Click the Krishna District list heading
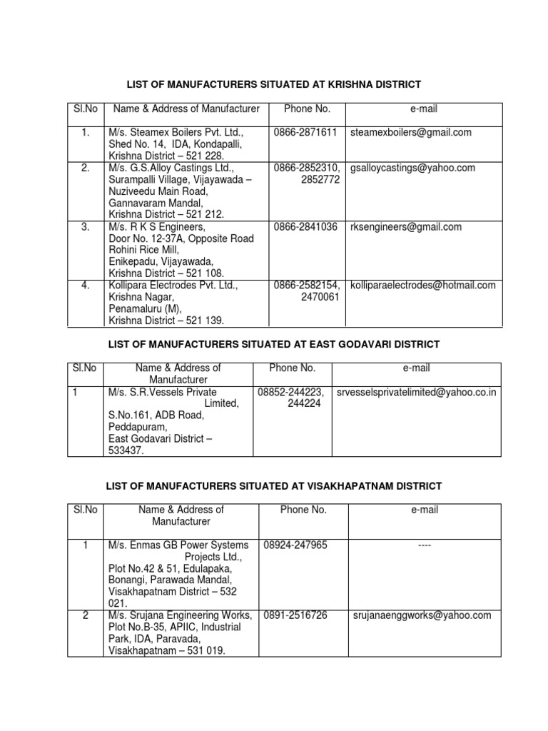coord(273,85)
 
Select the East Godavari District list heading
coord(273,344)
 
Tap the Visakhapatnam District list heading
coord(273,486)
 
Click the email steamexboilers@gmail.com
coord(410,132)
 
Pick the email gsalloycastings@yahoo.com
coord(412,168)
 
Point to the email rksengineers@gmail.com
coord(405,227)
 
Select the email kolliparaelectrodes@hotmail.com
coord(422,286)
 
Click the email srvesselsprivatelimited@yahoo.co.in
coord(426,392)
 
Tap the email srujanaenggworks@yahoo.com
coord(422,615)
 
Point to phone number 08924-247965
coord(295,545)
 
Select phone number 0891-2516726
coord(295,615)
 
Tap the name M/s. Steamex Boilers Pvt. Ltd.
coord(176,133)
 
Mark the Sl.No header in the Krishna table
coord(85,109)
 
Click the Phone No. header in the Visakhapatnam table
coord(303,510)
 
